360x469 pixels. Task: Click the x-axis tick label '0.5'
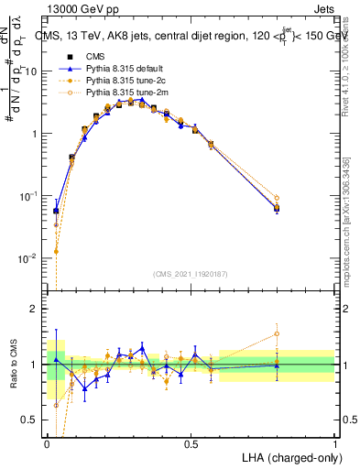(x=191, y=444)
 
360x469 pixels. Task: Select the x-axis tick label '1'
(x=334, y=444)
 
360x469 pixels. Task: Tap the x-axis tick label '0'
(x=47, y=444)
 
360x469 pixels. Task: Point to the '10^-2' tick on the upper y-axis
(x=27, y=258)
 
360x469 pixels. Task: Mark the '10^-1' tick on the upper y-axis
(x=27, y=196)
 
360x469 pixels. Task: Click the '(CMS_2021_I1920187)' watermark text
(x=191, y=274)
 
